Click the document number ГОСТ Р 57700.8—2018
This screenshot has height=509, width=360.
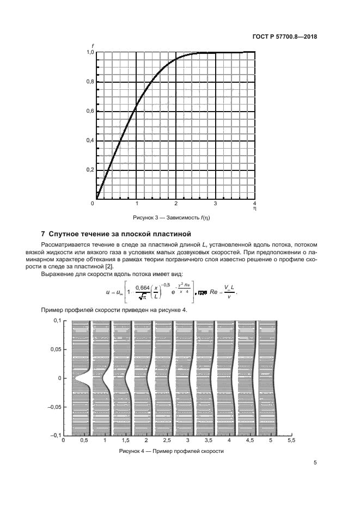coord(285,37)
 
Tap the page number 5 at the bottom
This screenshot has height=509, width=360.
coord(315,463)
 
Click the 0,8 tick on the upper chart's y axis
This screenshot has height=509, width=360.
coord(90,82)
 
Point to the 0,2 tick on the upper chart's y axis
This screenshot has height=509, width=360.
coord(90,170)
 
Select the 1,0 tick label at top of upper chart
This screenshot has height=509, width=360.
coord(90,52)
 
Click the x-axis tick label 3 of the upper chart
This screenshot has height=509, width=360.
coord(215,204)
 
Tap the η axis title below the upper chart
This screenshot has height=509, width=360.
coord(254,208)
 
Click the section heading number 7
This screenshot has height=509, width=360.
coord(44,235)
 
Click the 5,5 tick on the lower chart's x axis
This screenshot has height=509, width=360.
coord(291,440)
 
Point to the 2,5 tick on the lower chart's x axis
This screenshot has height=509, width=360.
coord(167,440)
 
